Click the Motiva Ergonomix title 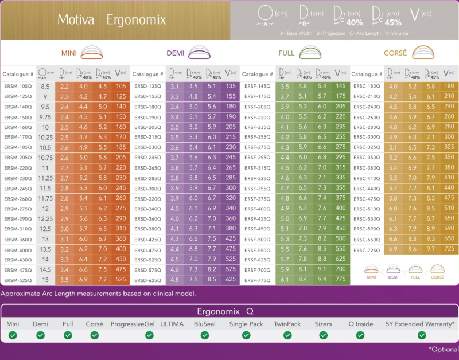click(111, 20)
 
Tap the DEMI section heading click(175, 53)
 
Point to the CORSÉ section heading click(395, 53)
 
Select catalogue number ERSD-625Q click(148, 280)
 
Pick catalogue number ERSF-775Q click(257, 280)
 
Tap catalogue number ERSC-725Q click(367, 249)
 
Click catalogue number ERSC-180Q click(367, 86)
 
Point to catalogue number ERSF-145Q click(257, 86)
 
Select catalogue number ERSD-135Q click(148, 86)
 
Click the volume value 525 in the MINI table click(120, 280)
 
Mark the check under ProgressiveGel click(133, 335)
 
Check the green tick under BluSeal click(205, 335)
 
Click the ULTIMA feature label click(172, 324)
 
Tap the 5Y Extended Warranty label click(421, 324)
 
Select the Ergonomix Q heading click(229, 311)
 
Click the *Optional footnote click(443, 349)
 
